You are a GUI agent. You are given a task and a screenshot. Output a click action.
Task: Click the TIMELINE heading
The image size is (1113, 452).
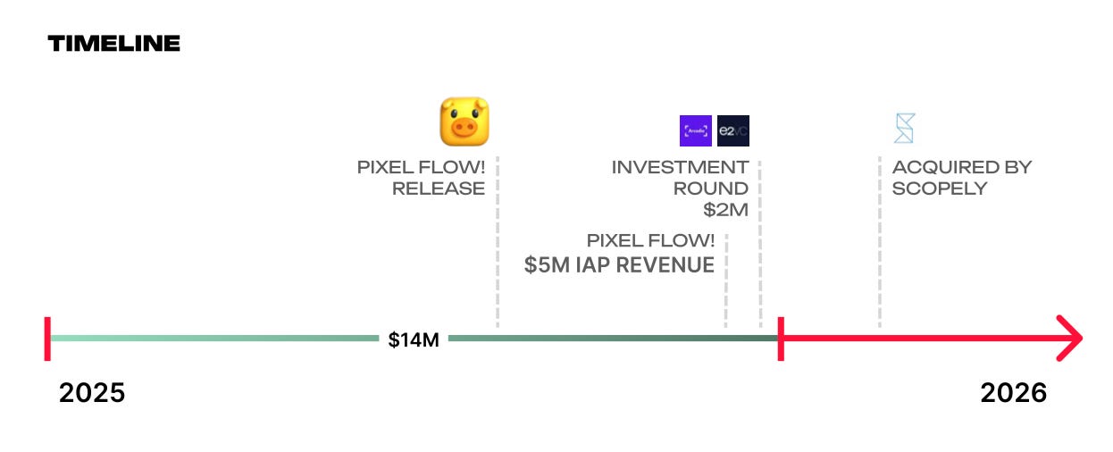113,43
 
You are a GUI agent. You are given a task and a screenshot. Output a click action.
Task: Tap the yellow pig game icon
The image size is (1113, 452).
464,121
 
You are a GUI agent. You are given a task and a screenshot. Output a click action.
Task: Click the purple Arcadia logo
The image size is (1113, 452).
695,130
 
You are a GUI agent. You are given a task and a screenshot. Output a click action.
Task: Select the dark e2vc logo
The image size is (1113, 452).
732,130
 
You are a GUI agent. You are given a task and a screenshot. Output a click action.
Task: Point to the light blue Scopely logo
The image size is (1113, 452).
904,128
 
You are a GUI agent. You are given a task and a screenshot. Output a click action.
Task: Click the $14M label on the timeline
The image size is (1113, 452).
414,339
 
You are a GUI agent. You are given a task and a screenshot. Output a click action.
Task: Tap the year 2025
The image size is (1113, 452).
92,393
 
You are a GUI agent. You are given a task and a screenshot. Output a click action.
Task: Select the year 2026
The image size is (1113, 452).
1014,393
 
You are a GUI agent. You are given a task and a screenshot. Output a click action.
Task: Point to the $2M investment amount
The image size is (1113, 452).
725,210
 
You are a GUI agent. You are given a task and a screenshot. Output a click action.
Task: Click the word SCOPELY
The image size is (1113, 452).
939,188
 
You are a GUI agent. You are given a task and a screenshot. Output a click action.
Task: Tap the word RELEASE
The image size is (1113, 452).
439,188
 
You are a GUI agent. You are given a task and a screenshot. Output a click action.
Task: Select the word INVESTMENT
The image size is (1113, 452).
680,167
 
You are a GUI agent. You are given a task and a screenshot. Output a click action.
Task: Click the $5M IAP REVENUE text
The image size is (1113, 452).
619,264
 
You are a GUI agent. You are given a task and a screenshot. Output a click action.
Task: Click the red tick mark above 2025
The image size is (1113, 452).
47,339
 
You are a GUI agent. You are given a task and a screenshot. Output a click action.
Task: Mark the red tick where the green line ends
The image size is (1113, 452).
781,339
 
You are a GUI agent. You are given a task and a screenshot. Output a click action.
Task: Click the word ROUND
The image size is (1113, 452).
710,188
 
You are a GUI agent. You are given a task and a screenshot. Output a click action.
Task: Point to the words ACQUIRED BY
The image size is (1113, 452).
962,167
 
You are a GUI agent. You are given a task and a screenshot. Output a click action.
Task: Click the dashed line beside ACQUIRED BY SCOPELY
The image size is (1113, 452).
880,242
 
